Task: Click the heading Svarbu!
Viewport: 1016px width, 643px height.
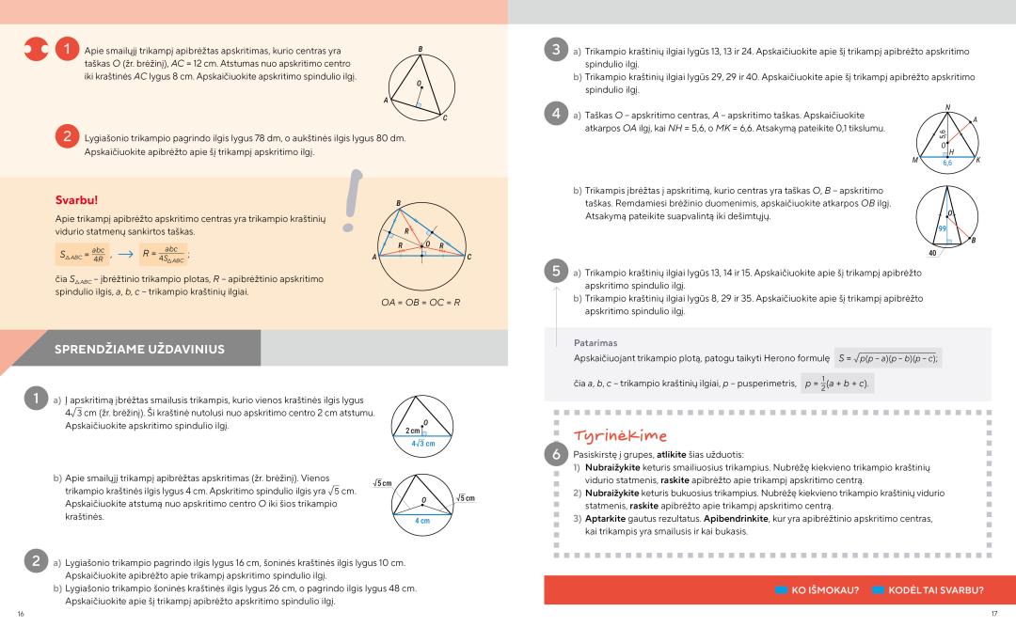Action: tap(77, 200)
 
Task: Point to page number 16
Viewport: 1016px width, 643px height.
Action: tap(21, 614)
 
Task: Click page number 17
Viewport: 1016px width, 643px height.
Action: tap(993, 614)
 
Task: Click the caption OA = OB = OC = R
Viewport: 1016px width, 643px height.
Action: tap(421, 303)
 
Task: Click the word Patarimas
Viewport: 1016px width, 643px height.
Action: tap(595, 343)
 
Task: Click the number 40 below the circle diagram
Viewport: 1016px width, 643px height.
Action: tap(933, 253)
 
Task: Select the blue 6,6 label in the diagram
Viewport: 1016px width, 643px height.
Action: tap(947, 163)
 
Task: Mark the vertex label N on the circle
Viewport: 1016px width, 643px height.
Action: tap(947, 107)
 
